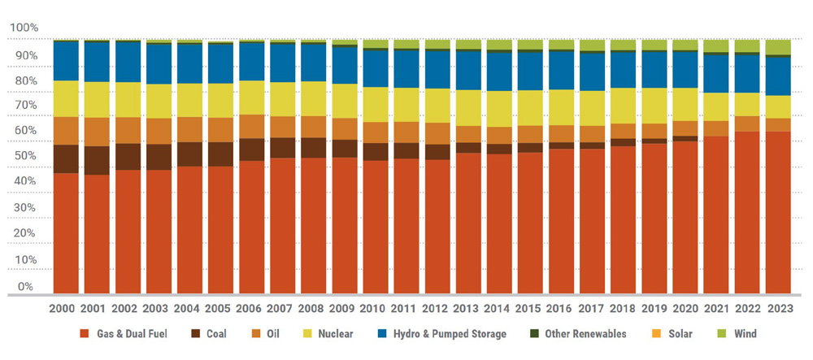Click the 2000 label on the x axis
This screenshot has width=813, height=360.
pos(66,310)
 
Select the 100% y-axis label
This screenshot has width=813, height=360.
pos(24,28)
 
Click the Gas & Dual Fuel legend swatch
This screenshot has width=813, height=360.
pos(85,334)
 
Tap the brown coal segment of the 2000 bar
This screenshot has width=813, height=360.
pos(66,158)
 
